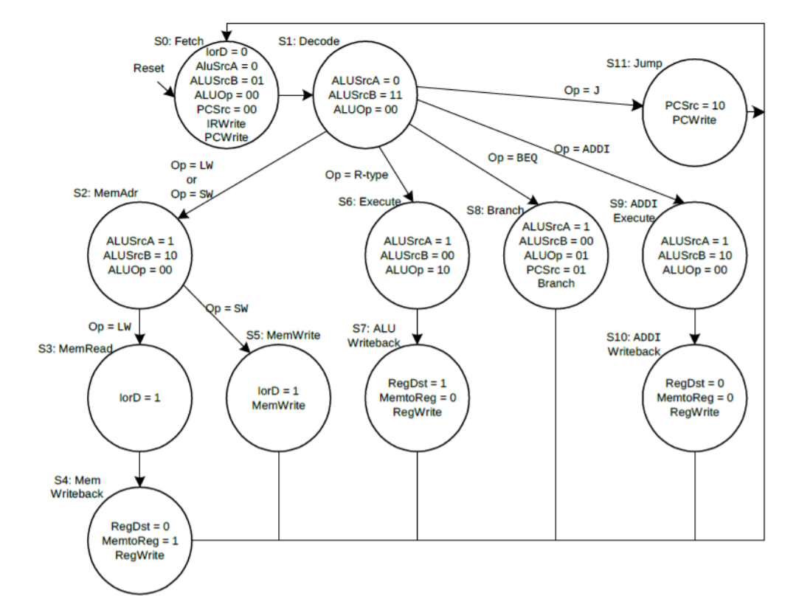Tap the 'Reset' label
point(148,68)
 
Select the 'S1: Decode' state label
point(308,41)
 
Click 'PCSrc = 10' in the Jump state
point(694,105)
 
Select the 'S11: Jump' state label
point(634,63)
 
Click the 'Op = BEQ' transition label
point(513,158)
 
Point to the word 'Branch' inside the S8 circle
point(556,283)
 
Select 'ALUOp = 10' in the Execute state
point(418,269)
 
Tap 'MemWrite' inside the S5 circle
point(278,404)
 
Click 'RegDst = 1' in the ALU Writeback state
point(417,383)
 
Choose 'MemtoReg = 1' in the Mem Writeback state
point(139,541)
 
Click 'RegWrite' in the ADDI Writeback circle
point(694,412)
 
